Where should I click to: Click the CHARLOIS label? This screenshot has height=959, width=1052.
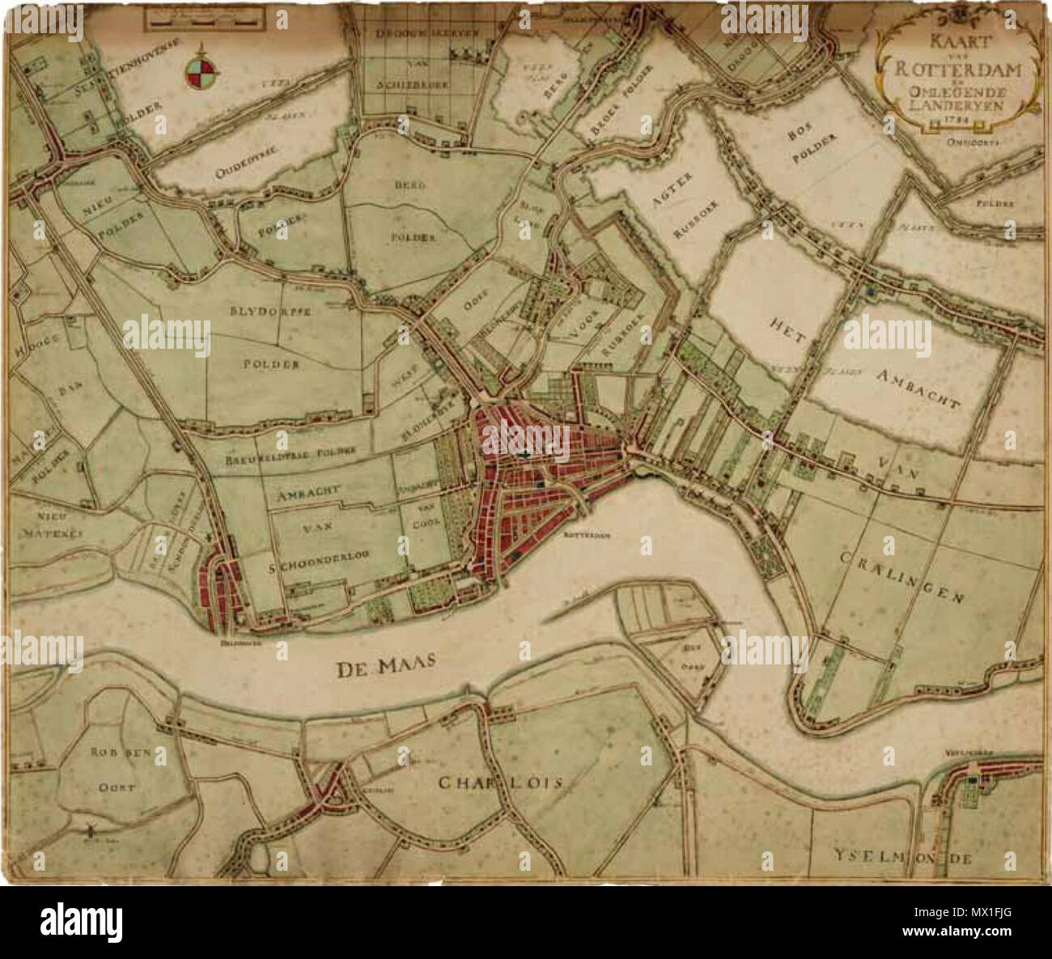click(x=499, y=783)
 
